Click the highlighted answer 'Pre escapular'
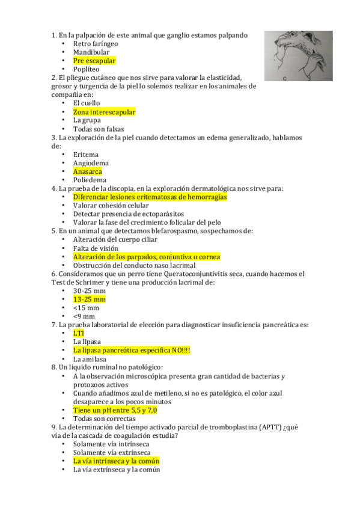(94, 61)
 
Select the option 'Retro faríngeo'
(96, 44)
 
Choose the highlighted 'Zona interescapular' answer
(104, 112)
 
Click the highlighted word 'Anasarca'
(87, 171)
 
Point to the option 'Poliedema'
(90, 180)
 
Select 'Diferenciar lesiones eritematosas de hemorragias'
(150, 197)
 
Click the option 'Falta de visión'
(96, 248)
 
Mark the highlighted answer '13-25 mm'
(89, 299)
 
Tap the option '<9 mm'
(84, 316)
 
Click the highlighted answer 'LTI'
(79, 333)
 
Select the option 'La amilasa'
(90, 359)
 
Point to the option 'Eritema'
(86, 155)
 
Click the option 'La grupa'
(88, 120)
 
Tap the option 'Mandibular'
(91, 52)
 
